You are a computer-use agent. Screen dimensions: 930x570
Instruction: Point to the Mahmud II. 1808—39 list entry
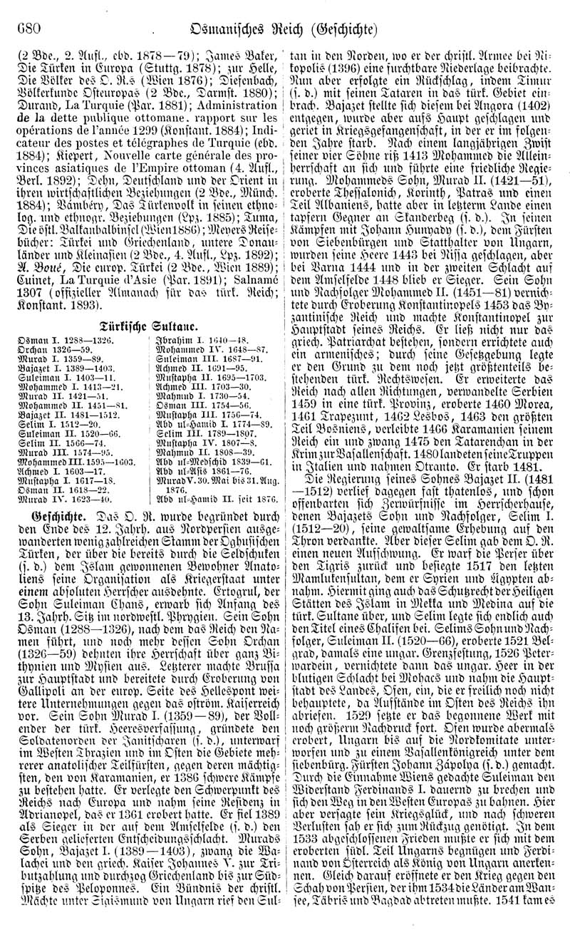(x=205, y=452)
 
